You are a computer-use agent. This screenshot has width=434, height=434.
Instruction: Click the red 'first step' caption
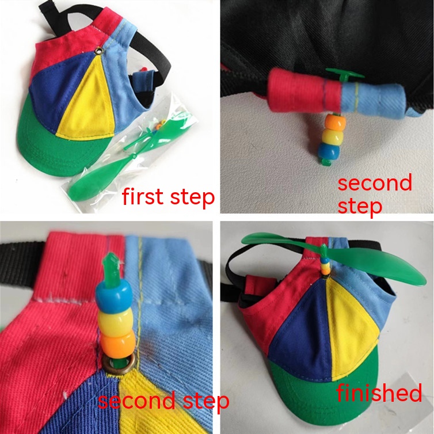(168, 197)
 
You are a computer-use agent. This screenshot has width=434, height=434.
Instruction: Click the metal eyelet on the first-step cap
(98, 51)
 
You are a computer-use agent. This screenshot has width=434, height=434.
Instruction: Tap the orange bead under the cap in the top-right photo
(335, 122)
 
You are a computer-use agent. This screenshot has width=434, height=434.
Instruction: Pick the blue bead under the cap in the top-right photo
(329, 150)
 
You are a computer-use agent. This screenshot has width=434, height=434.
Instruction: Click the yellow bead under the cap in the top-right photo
(332, 136)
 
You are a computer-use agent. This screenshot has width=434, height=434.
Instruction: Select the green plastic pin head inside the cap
(345, 75)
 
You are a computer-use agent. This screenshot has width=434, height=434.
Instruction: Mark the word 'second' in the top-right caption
(375, 184)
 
